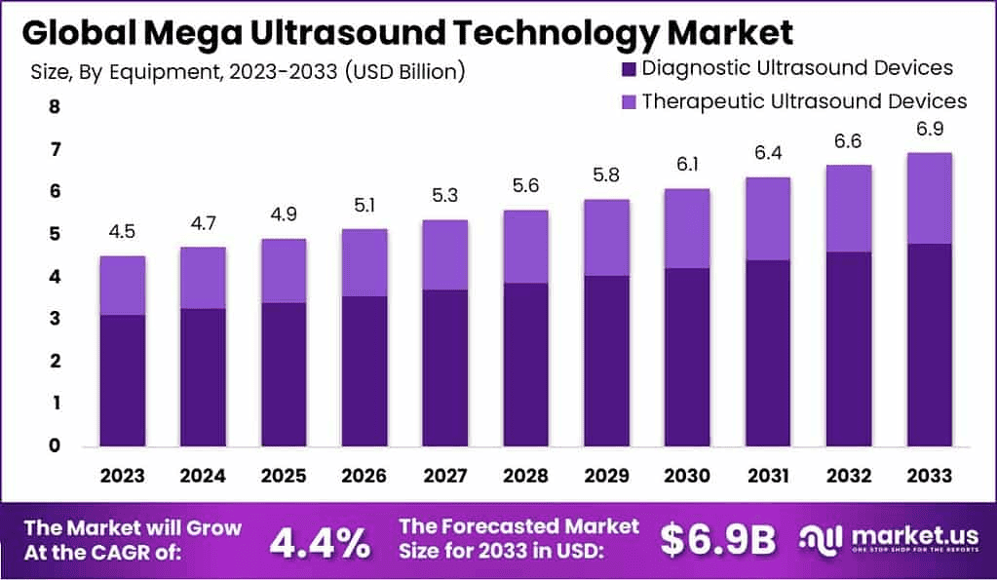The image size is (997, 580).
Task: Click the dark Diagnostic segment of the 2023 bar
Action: pyautogui.click(x=122, y=380)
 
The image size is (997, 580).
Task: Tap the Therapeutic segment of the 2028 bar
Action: pyautogui.click(x=525, y=246)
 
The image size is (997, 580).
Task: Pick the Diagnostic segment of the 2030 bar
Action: pyautogui.click(x=687, y=356)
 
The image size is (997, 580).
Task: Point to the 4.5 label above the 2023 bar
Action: pyautogui.click(x=122, y=232)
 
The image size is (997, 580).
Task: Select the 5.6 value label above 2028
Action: pyautogui.click(x=525, y=186)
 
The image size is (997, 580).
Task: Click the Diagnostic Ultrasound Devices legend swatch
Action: pyautogui.click(x=629, y=68)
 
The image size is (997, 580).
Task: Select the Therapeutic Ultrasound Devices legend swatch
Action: pyautogui.click(x=629, y=101)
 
